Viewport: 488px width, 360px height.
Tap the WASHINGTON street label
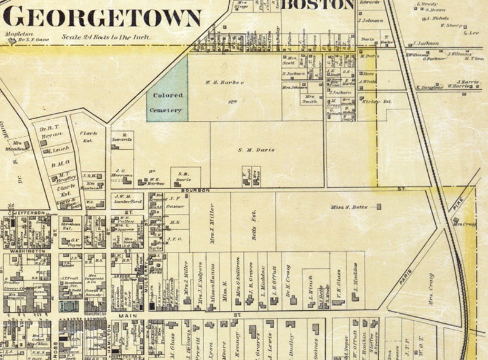click(27, 251)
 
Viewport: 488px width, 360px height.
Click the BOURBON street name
click(195, 190)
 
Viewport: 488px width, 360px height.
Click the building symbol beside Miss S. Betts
click(378, 207)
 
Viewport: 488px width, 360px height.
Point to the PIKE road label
click(455, 211)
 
